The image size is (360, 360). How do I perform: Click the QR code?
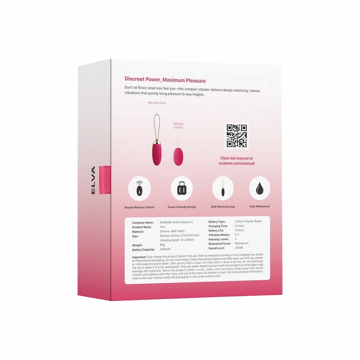click(237, 136)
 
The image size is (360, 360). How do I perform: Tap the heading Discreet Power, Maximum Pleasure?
click(165, 80)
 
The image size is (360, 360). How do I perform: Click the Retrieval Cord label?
click(157, 103)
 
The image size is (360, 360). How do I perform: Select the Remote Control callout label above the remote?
click(178, 126)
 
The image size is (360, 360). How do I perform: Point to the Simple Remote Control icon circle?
click(139, 188)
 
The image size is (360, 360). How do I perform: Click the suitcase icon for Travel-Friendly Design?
click(181, 188)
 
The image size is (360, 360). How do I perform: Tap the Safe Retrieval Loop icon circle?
click(223, 188)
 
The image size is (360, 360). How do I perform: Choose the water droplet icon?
click(260, 188)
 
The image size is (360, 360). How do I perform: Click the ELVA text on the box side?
click(93, 180)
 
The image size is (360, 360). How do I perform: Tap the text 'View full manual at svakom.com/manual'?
click(237, 161)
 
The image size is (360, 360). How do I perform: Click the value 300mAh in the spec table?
click(166, 249)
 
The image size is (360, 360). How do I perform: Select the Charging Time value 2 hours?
click(239, 226)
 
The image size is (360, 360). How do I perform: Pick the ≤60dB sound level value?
click(239, 248)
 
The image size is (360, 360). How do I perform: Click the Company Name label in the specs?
click(143, 223)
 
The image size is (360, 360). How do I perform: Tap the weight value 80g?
click(163, 245)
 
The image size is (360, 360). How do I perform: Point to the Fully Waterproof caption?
click(260, 207)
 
